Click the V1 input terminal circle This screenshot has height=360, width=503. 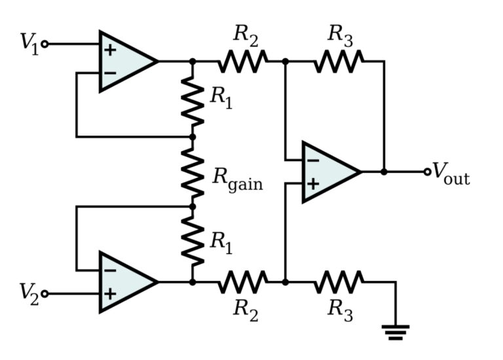click(45, 44)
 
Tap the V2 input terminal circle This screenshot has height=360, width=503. click(45, 293)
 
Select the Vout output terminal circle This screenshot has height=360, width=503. click(427, 172)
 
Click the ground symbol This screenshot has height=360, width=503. click(396, 332)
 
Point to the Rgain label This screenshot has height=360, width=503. click(238, 181)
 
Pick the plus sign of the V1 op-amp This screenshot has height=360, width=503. click(110, 50)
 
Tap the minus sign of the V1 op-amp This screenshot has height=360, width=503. click(110, 73)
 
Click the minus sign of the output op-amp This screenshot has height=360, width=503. click(313, 160)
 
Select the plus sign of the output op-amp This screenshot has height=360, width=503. click(313, 184)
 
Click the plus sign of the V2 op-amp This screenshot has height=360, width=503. click(110, 294)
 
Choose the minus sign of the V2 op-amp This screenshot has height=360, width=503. click(110, 271)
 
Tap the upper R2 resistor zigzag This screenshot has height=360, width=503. click(243, 61)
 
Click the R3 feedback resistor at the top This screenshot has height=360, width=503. click(339, 61)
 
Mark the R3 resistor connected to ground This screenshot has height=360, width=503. click(339, 282)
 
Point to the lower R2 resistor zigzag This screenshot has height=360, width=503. click(243, 282)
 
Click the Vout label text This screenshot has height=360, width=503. click(451, 173)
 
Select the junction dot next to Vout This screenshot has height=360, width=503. click(384, 172)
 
